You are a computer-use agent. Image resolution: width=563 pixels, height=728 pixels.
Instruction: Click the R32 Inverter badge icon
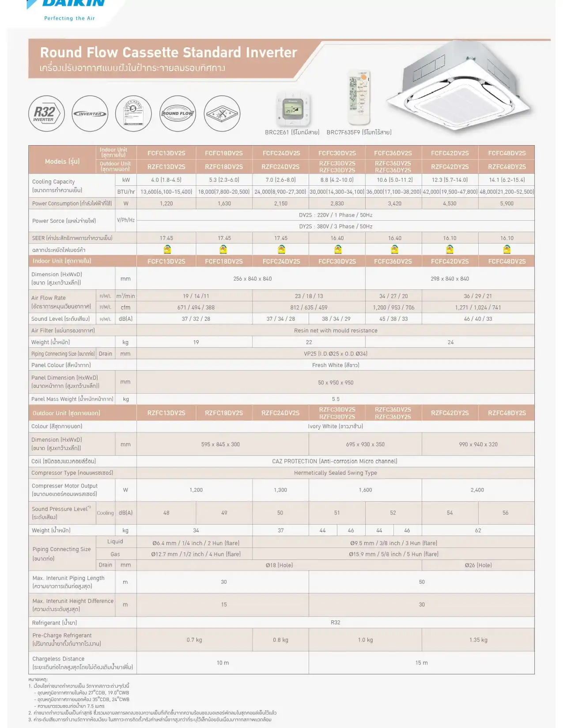coord(47,114)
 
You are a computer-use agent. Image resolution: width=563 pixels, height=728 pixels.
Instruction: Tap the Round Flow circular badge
coord(178,114)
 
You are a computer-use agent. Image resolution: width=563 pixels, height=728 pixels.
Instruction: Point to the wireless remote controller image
coord(358,98)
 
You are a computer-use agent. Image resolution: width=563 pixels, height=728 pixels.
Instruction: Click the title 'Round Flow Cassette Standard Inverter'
coord(168,53)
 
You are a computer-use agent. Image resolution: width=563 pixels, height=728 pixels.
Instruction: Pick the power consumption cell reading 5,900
coord(506,203)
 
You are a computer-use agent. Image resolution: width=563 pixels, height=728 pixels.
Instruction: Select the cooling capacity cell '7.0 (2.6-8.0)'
coord(281,180)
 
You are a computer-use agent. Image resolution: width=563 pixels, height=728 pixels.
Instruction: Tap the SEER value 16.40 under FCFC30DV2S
coord(337,238)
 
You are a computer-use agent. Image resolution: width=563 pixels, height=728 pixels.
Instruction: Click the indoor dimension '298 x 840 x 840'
coord(450,279)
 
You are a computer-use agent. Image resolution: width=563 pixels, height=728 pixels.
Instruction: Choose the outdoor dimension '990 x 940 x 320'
coord(478,445)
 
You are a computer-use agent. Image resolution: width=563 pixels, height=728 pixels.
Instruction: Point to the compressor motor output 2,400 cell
coord(477,490)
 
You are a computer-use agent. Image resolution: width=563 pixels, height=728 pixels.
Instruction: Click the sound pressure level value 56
coord(506,513)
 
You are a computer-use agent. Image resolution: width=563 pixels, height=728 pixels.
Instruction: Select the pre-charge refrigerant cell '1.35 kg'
coord(478,640)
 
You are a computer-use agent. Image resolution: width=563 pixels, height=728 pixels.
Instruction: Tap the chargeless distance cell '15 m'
coord(421,663)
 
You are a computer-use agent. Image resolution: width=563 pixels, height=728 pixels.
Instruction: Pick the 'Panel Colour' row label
coord(61,365)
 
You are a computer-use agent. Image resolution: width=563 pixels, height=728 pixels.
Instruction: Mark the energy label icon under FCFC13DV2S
coord(167,250)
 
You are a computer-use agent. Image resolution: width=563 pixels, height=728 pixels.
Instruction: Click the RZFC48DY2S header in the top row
coord(506,167)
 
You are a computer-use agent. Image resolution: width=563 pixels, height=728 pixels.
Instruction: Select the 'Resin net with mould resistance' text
coord(336,330)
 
